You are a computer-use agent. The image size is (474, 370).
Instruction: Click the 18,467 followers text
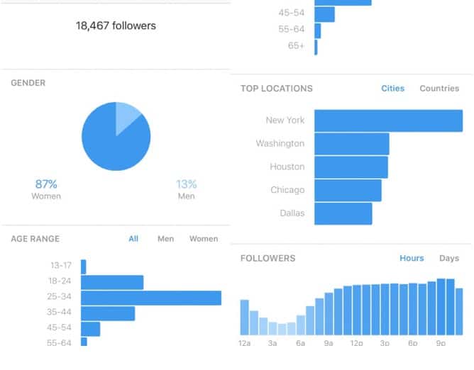[116, 26]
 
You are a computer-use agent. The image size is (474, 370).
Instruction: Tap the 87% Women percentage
[46, 184]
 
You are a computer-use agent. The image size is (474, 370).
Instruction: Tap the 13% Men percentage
[187, 184]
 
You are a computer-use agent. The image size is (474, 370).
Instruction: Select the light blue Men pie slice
[128, 116]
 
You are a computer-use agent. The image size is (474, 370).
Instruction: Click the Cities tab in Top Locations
[392, 89]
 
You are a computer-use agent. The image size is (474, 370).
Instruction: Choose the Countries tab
[439, 89]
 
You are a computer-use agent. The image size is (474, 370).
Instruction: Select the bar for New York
[388, 120]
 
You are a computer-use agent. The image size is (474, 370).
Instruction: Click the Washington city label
[280, 144]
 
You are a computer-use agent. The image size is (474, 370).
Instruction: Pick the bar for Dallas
[343, 213]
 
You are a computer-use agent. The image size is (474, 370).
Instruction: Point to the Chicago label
[287, 190]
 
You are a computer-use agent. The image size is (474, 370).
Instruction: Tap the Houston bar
[351, 167]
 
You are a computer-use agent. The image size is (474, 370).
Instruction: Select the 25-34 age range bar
[151, 298]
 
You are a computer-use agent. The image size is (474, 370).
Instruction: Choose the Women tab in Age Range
[204, 239]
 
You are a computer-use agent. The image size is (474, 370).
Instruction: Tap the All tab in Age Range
[133, 239]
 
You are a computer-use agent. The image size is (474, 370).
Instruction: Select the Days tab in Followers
[449, 259]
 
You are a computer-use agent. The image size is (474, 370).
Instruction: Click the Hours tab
[412, 259]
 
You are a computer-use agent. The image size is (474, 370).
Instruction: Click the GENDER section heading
[28, 83]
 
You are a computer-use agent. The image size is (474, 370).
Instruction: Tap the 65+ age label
[296, 45]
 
